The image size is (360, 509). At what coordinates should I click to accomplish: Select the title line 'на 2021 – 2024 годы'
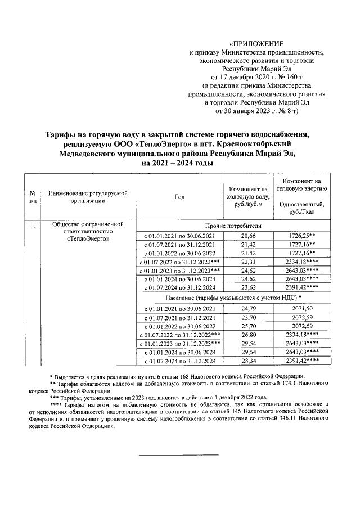178,163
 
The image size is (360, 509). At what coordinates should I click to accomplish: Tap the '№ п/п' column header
33,197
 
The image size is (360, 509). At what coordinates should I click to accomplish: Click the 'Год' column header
179,197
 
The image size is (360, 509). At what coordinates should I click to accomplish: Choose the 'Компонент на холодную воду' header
249,197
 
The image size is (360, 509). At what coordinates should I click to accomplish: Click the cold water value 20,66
249,235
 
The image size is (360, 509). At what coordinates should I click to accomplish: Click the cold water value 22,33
249,262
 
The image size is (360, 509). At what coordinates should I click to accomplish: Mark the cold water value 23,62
249,288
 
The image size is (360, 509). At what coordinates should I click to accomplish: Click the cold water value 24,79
249,308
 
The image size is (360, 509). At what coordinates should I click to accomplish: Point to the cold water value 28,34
249,361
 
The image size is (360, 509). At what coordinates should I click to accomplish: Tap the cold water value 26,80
249,334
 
